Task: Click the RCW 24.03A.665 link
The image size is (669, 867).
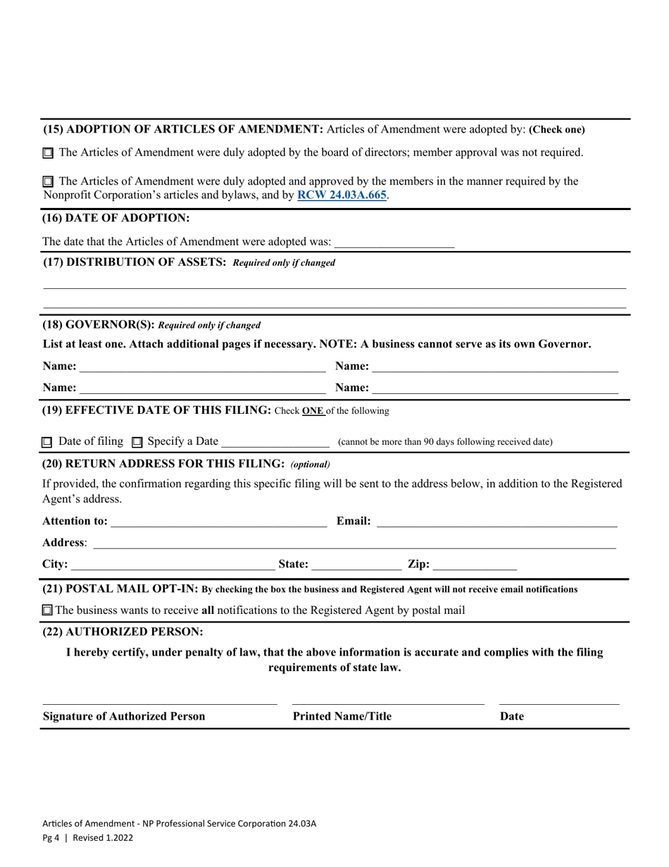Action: tap(342, 195)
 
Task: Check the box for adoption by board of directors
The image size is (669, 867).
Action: tap(48, 152)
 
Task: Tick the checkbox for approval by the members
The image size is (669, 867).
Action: tap(48, 182)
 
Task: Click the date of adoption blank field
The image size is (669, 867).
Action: tap(394, 242)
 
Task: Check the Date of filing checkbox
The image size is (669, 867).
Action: tap(47, 443)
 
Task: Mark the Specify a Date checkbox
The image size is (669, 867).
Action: tap(137, 443)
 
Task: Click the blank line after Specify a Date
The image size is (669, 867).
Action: tap(275, 443)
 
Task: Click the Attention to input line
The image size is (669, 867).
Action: tap(218, 522)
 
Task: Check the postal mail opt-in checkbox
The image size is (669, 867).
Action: tap(47, 610)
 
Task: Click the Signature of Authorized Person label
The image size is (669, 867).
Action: tap(124, 717)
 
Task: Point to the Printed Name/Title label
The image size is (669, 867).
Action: tap(342, 717)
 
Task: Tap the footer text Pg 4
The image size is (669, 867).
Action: tap(51, 838)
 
